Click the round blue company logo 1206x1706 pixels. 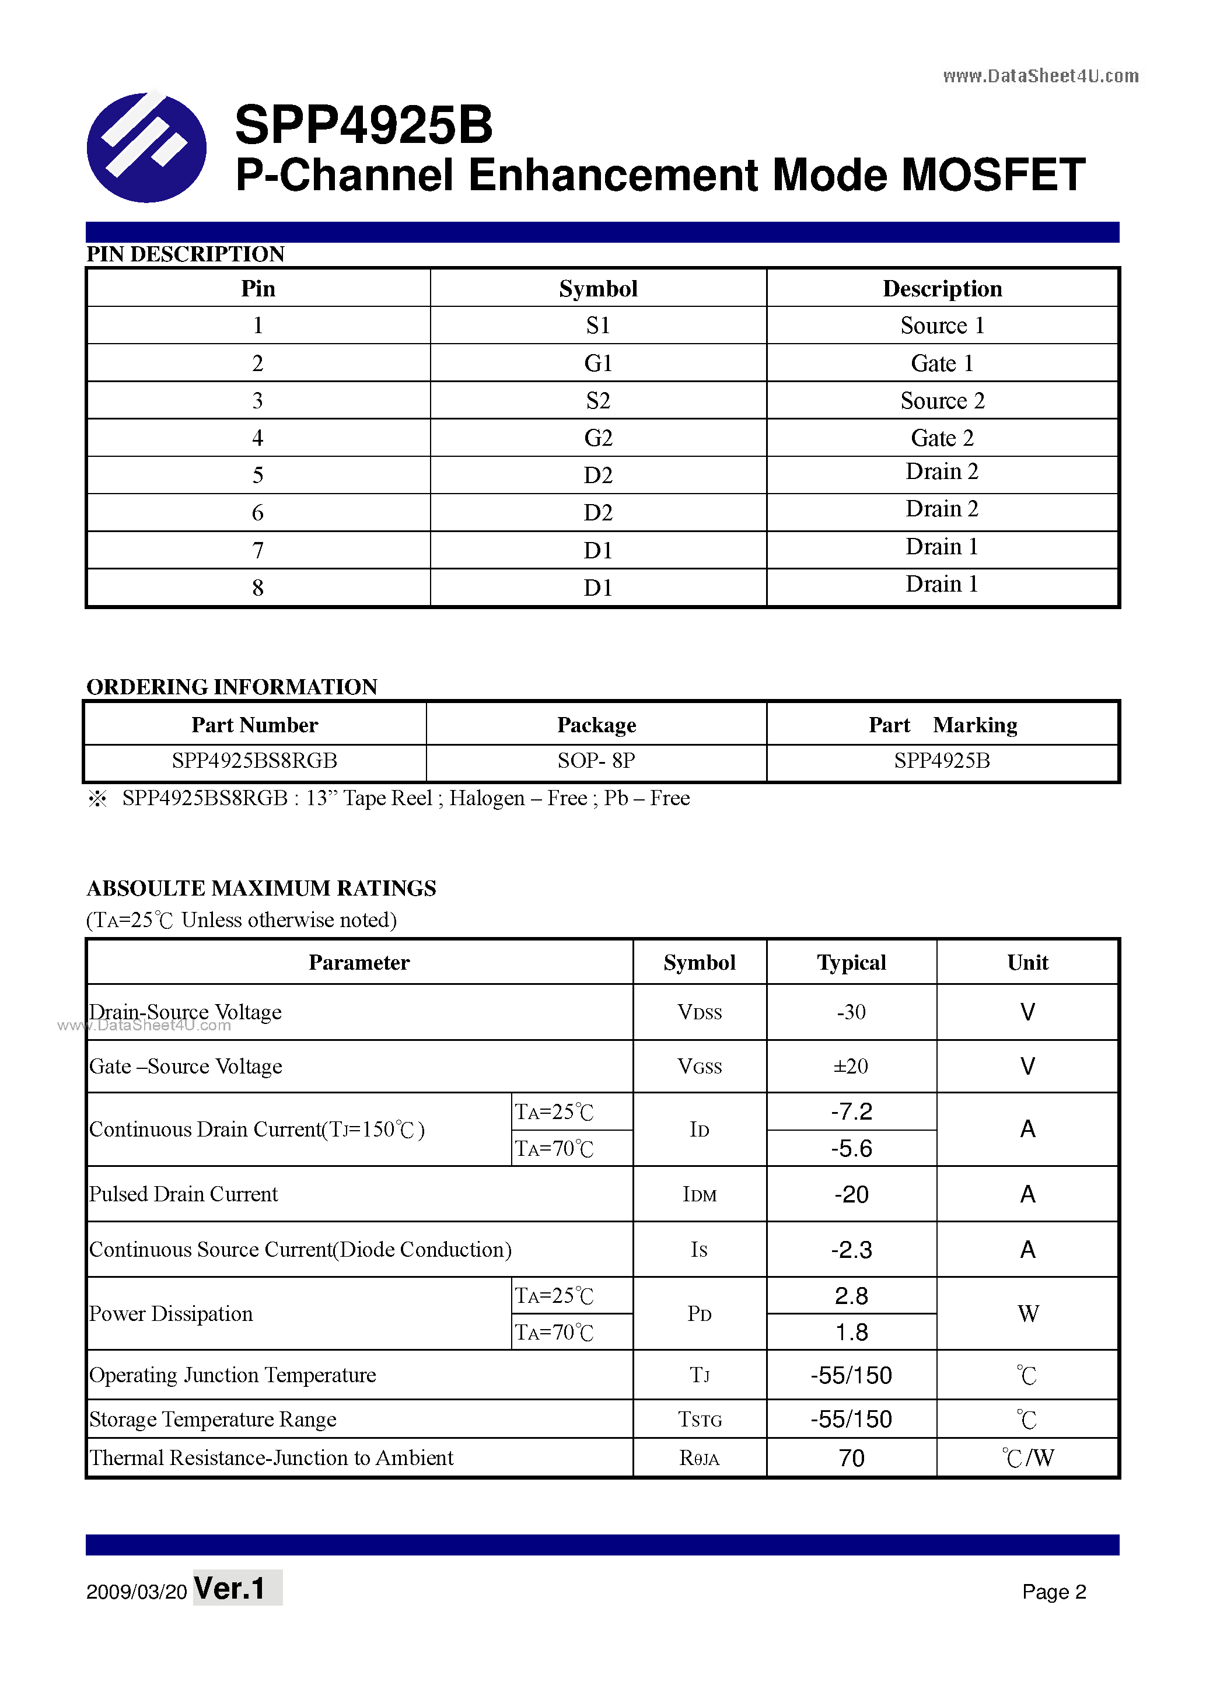[x=146, y=147]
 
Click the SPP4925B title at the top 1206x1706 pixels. [x=363, y=125]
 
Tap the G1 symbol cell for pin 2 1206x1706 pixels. [x=597, y=363]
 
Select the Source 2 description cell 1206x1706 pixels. [x=942, y=400]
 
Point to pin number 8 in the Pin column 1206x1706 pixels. [x=257, y=588]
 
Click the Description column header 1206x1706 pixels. [x=942, y=289]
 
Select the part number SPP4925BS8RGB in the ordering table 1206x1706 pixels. [x=254, y=761]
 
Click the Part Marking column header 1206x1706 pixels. [x=942, y=725]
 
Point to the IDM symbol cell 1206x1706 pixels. [x=699, y=1195]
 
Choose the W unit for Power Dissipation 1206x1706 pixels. [x=1027, y=1314]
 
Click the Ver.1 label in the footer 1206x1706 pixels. [x=230, y=1589]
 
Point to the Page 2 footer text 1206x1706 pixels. [x=1053, y=1592]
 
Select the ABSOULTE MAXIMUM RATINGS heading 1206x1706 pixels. [x=261, y=889]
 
